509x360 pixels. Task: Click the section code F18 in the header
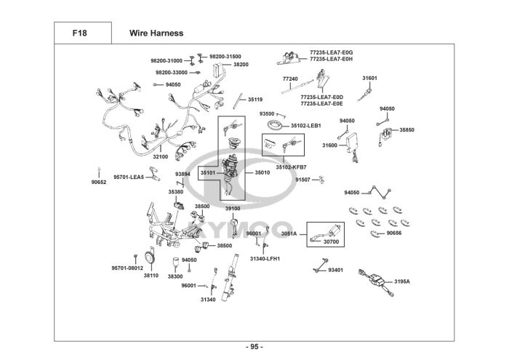click(80, 33)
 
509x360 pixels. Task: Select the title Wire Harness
click(156, 33)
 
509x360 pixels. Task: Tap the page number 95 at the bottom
click(254, 345)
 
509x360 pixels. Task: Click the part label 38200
click(241, 65)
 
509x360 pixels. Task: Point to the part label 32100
click(160, 156)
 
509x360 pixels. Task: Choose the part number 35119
click(255, 99)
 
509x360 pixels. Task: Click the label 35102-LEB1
click(306, 125)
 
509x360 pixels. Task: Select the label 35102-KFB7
click(291, 167)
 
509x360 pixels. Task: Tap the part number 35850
click(407, 130)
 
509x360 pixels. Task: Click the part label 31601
click(369, 78)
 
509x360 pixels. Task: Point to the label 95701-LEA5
click(128, 176)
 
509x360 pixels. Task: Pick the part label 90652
click(99, 183)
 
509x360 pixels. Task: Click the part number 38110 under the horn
click(151, 276)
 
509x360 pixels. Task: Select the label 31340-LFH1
click(265, 258)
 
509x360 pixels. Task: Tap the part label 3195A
click(402, 281)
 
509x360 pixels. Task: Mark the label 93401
click(336, 270)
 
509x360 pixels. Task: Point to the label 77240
click(290, 78)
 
